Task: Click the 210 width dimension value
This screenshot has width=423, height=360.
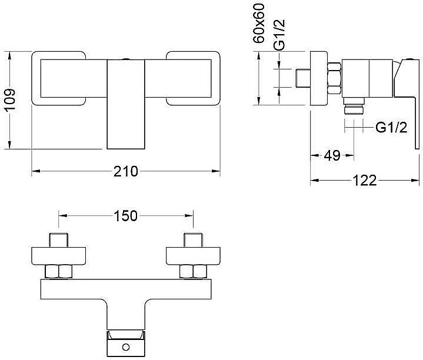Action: pyautogui.click(x=126, y=172)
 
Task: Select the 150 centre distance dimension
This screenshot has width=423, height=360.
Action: pyautogui.click(x=125, y=216)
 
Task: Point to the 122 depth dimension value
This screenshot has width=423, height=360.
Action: pyautogui.click(x=365, y=181)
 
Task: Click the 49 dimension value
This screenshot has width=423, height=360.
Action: pyautogui.click(x=332, y=156)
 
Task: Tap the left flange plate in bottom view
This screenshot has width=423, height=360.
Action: pyautogui.click(x=59, y=255)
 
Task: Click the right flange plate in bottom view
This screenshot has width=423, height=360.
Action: pyautogui.click(x=194, y=255)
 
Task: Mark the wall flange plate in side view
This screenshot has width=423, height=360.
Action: pyautogui.click(x=318, y=78)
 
